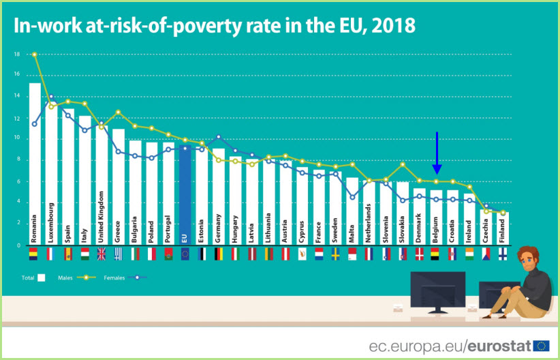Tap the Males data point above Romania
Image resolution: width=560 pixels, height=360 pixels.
coord(35,55)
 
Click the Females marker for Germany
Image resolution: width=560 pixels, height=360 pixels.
coord(219,137)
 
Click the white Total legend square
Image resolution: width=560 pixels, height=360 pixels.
coord(42,277)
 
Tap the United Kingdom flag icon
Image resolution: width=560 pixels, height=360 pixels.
coord(102,254)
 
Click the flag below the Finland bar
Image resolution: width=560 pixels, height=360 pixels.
coord(502,254)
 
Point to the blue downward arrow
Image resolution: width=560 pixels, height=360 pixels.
coord(437,154)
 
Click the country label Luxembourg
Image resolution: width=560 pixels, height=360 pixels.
coord(52,217)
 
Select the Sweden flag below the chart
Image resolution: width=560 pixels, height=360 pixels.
coord(335,254)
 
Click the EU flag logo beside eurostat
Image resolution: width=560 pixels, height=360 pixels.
coord(542,346)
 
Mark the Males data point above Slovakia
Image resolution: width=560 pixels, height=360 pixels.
coord(403,164)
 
